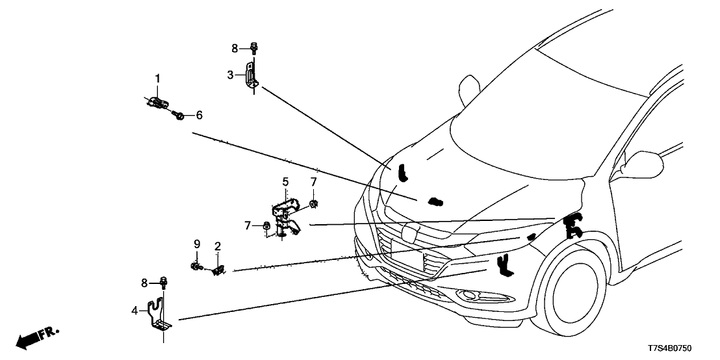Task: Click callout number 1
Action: click(157, 79)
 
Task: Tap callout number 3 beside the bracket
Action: click(230, 75)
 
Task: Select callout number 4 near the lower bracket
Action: click(135, 311)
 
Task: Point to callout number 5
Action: click(285, 181)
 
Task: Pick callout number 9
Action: click(196, 244)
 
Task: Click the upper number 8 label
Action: click(235, 47)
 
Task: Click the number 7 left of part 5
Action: click(248, 225)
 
